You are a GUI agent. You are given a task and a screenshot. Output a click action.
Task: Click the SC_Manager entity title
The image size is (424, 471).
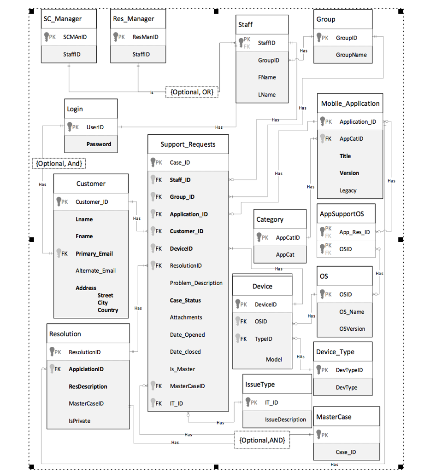click(x=63, y=19)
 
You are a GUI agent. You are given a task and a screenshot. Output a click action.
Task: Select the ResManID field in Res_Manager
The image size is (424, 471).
click(x=145, y=37)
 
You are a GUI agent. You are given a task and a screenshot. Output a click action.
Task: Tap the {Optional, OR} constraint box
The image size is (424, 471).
click(x=192, y=92)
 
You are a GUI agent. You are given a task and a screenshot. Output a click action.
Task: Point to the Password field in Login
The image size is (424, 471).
click(x=99, y=144)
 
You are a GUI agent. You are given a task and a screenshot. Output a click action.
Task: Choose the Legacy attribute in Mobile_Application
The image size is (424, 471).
click(x=348, y=190)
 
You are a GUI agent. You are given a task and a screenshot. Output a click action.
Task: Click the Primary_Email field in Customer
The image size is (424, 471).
click(x=94, y=253)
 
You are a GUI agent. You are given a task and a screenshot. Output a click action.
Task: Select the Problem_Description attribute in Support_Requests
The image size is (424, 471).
click(x=196, y=283)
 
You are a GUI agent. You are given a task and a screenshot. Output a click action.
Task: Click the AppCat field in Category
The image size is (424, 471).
click(x=285, y=254)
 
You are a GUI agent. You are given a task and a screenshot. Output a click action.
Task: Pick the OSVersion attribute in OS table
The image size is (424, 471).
click(x=352, y=329)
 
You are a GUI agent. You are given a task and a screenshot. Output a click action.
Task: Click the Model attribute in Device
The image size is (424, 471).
click(x=274, y=359)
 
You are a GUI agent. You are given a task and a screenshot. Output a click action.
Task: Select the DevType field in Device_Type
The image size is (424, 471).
click(x=346, y=387)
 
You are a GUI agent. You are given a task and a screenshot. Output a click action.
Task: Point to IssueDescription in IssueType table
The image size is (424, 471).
click(x=285, y=419)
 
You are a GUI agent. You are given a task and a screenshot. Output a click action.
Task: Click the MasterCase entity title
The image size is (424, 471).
click(x=334, y=417)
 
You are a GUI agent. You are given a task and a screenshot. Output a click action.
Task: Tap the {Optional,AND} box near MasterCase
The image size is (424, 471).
click(x=262, y=440)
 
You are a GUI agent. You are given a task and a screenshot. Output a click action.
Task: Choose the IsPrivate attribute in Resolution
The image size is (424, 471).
click(x=79, y=420)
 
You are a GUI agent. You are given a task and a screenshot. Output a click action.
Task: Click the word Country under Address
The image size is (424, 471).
click(x=108, y=310)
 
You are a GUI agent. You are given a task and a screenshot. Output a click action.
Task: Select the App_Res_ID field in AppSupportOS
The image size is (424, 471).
click(x=354, y=232)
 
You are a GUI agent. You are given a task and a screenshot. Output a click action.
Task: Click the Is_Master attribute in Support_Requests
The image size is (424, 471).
click(x=182, y=369)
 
